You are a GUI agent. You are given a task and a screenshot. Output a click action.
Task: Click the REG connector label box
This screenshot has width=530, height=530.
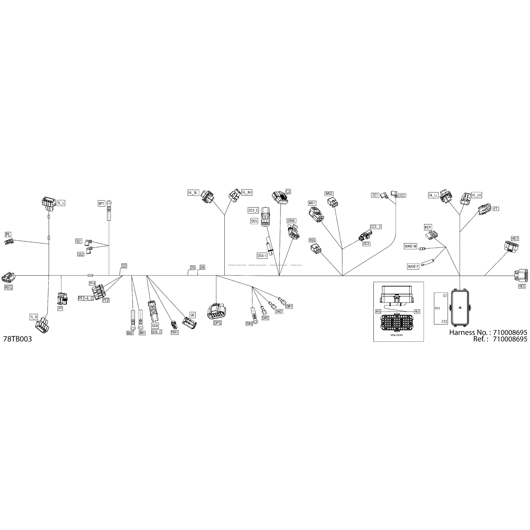pos(9,287)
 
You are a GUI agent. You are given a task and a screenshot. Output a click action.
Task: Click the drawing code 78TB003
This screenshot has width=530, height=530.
pos(18,339)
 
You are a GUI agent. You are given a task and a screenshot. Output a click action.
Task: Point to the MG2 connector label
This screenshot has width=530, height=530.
pos(329,194)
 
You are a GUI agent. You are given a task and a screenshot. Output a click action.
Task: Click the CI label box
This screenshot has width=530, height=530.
pos(288,191)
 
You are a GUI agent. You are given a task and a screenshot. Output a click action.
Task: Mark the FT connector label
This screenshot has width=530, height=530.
pos(496,209)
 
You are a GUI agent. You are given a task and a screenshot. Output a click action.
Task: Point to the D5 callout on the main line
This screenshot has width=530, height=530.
pos(193,267)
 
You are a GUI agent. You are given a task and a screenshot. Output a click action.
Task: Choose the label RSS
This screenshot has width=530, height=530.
pos(312,240)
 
